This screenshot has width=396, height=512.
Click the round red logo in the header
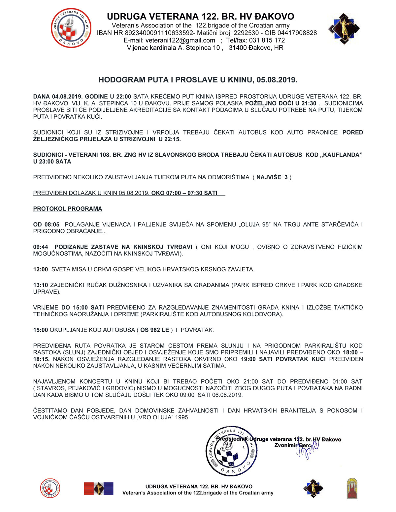71,28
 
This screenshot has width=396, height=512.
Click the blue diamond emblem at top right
344,29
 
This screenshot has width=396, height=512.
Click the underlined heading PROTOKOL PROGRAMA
68,209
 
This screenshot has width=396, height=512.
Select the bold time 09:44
41,247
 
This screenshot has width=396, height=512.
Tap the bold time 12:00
41,269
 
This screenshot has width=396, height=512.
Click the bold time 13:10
41,285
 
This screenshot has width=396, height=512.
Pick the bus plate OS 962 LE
154,330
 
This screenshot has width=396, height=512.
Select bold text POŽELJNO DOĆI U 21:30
280,104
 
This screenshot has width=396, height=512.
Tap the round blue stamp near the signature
231,451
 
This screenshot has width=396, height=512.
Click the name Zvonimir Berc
292,445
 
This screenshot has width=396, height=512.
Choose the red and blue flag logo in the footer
99,489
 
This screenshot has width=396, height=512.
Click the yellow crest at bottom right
352,488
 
